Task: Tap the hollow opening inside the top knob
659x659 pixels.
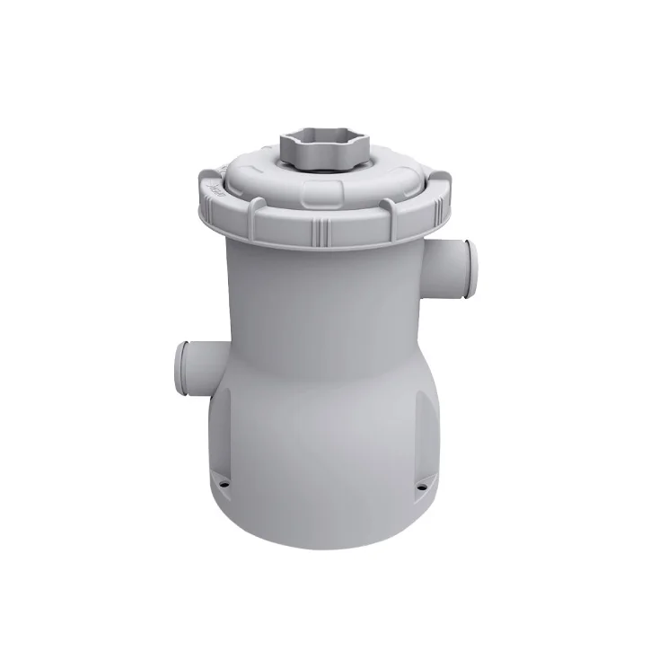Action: tap(316, 143)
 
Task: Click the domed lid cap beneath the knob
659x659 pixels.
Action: tap(269, 175)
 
